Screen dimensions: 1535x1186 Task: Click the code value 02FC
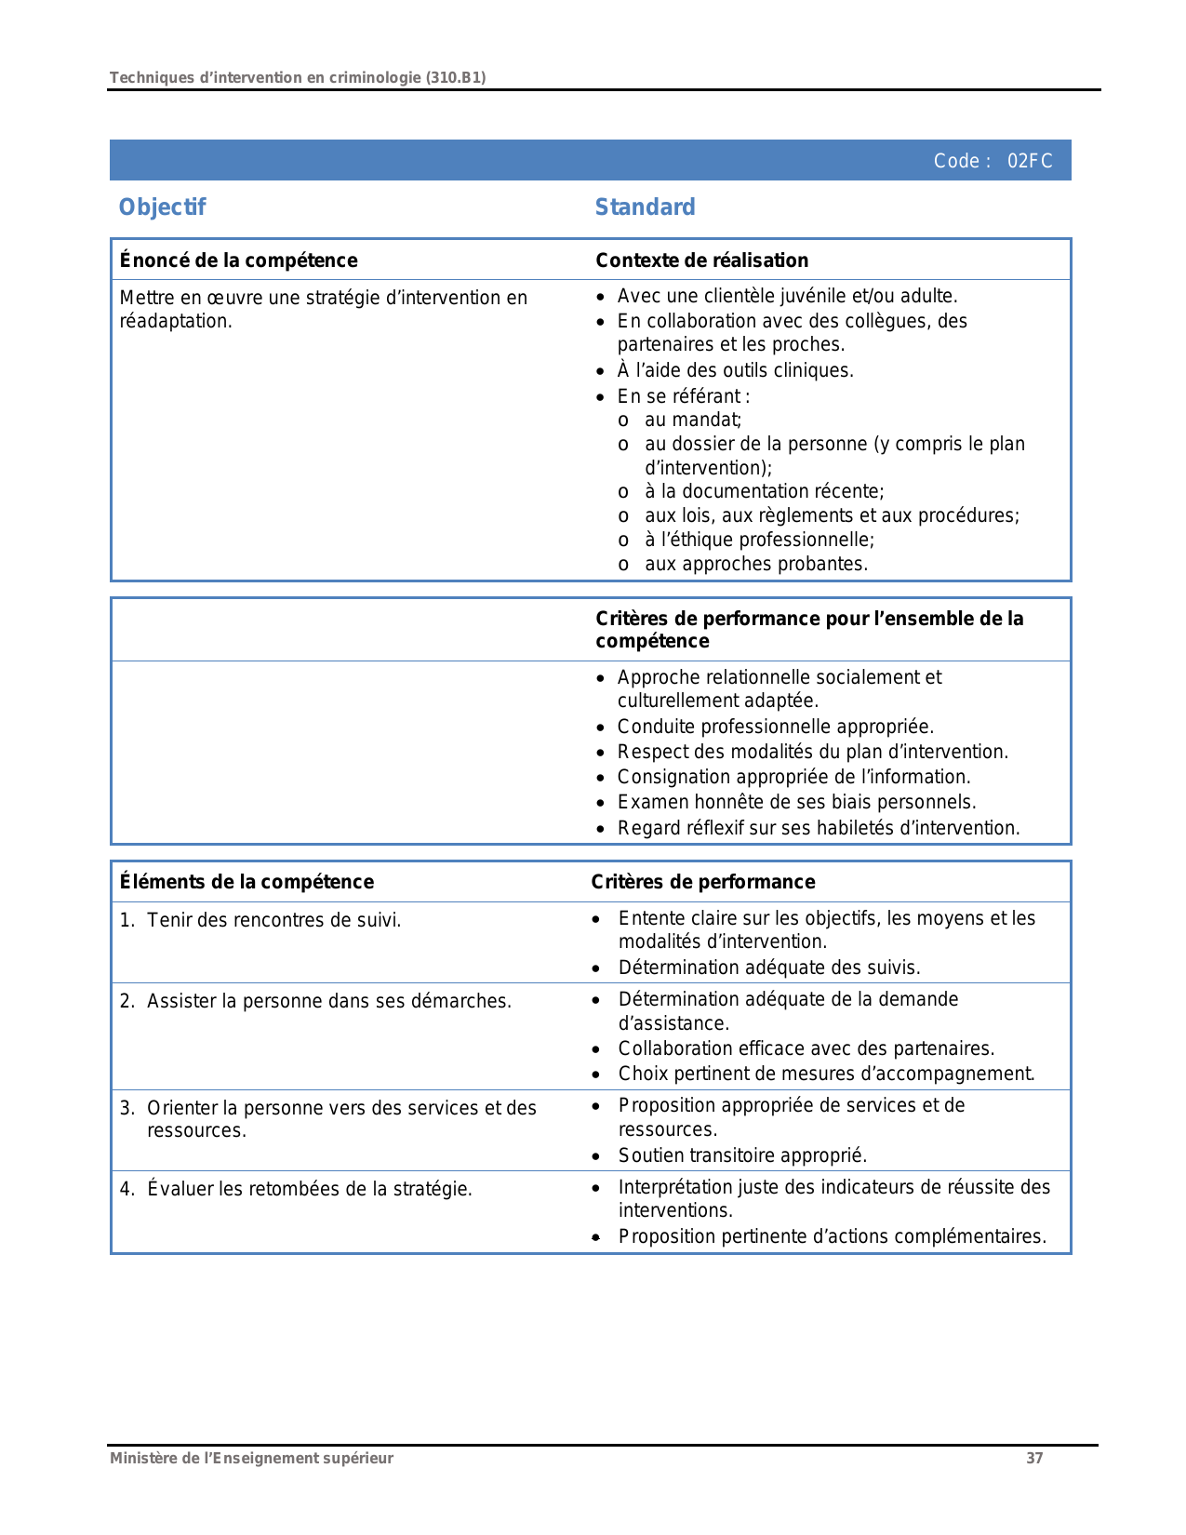click(x=1030, y=161)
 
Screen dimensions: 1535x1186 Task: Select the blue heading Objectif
click(x=162, y=207)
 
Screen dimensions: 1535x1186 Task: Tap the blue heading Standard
click(x=645, y=207)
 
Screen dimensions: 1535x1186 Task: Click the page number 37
click(x=1034, y=1458)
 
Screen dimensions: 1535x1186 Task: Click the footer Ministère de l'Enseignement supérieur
click(x=251, y=1458)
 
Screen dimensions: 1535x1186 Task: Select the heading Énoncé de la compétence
click(x=238, y=260)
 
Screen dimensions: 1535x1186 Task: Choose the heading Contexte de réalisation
click(x=701, y=260)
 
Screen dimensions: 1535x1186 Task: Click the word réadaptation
click(x=175, y=321)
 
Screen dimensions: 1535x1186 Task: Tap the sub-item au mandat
click(x=692, y=420)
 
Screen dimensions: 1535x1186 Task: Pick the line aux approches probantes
click(x=755, y=564)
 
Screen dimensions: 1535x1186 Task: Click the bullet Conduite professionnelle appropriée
click(x=775, y=727)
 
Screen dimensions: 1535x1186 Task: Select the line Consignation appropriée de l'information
click(x=793, y=777)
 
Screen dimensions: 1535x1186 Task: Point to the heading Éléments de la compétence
click(x=247, y=882)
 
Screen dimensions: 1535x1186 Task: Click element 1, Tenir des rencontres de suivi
click(x=273, y=920)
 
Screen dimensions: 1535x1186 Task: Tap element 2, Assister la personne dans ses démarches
click(x=328, y=1001)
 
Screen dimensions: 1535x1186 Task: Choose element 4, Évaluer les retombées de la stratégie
click(x=309, y=1189)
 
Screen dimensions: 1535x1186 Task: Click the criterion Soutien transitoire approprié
click(x=742, y=1155)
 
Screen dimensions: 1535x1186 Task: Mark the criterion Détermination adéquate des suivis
click(x=768, y=968)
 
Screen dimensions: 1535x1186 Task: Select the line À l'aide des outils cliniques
click(x=735, y=370)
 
